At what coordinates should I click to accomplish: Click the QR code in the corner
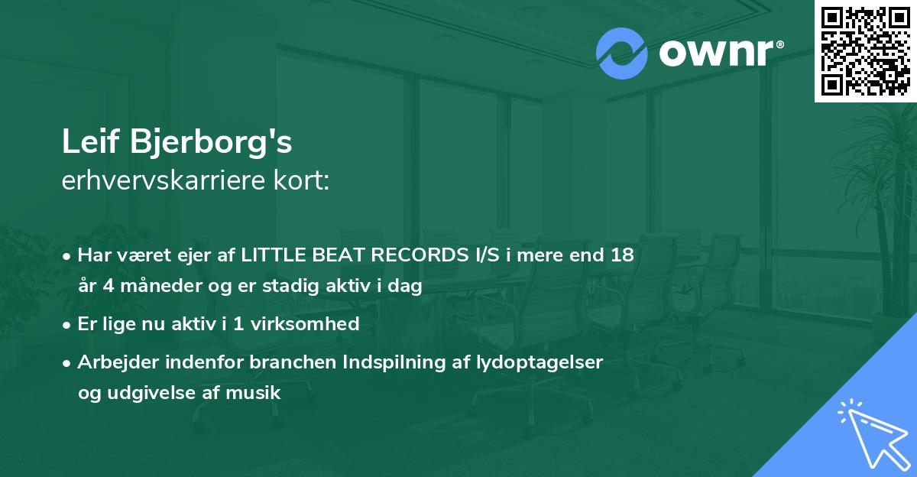pyautogui.click(x=866, y=50)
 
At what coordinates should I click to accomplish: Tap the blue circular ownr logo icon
pyautogui.click(x=621, y=54)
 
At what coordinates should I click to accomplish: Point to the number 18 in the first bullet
pyautogui.click(x=622, y=255)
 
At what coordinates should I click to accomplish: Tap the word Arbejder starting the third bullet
pyautogui.click(x=113, y=362)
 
